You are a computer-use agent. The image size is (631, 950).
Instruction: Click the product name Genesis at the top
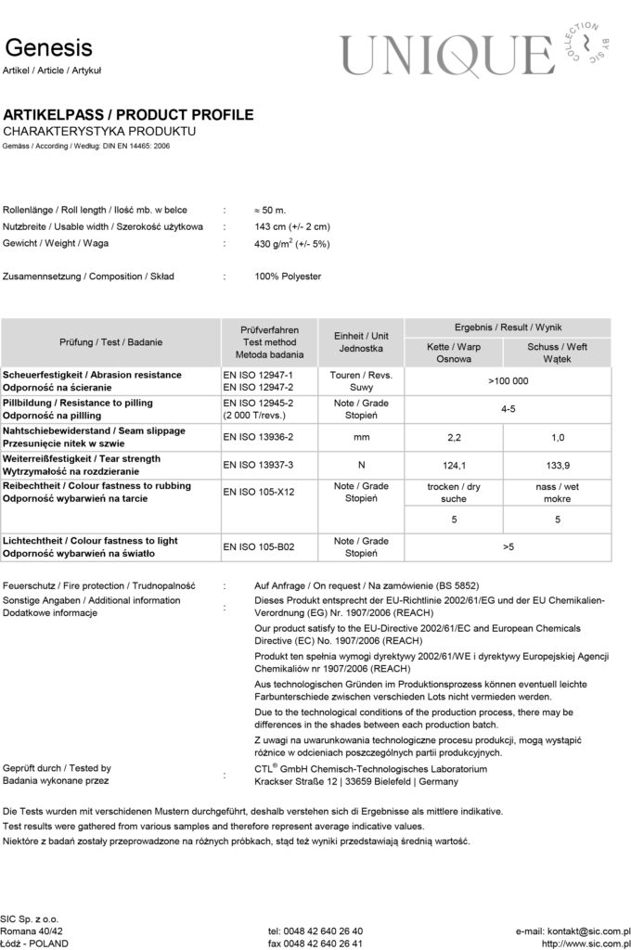click(48, 47)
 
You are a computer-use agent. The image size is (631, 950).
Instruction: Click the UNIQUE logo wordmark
click(445, 55)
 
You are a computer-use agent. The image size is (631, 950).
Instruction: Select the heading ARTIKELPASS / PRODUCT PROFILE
click(128, 115)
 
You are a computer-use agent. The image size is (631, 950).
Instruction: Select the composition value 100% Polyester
click(288, 276)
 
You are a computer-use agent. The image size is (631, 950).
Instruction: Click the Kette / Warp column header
click(453, 353)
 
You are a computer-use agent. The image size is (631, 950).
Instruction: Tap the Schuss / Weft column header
click(557, 353)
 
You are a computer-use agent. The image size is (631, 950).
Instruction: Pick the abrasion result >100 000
click(508, 380)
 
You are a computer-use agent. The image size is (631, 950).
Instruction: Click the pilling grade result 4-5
click(508, 408)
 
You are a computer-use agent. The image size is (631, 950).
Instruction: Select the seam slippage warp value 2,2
click(454, 436)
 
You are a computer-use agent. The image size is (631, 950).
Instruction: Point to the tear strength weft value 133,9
click(557, 464)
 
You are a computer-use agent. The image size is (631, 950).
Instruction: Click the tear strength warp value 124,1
click(454, 464)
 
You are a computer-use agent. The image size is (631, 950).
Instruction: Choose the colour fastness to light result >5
click(508, 547)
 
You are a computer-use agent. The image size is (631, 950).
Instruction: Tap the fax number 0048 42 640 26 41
click(315, 943)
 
